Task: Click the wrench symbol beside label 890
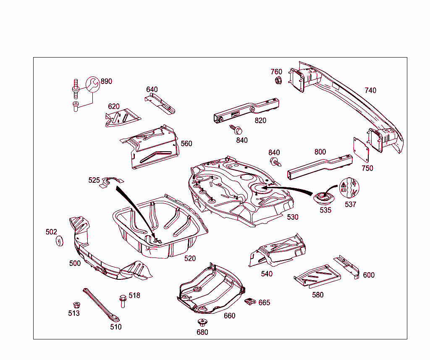click(93, 84)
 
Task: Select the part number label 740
click(370, 90)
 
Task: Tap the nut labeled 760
click(278, 80)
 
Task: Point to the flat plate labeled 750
click(361, 149)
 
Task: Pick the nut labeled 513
click(76, 305)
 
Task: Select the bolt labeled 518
click(123, 301)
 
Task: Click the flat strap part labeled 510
click(101, 305)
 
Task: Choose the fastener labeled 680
click(202, 323)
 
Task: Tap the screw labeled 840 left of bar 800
click(275, 161)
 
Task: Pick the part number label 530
click(293, 217)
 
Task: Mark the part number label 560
click(186, 144)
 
